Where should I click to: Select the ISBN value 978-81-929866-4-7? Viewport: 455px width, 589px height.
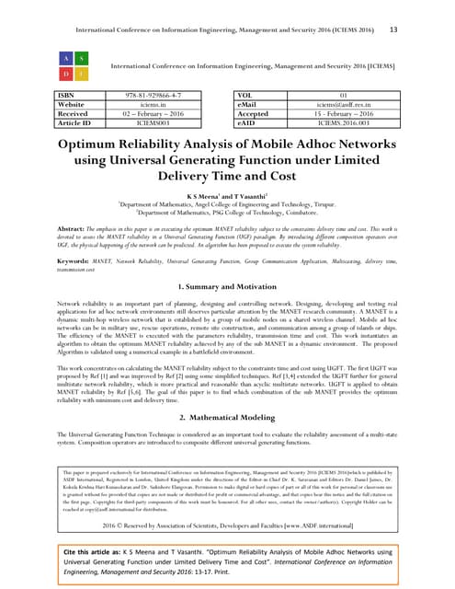tap(160, 95)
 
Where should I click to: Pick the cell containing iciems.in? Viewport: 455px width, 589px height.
tap(160, 105)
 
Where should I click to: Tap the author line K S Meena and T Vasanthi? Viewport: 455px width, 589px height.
tap(227, 197)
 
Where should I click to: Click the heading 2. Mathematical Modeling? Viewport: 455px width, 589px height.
tap(227, 418)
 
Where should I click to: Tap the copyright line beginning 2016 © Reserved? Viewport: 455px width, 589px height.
tap(227, 522)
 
